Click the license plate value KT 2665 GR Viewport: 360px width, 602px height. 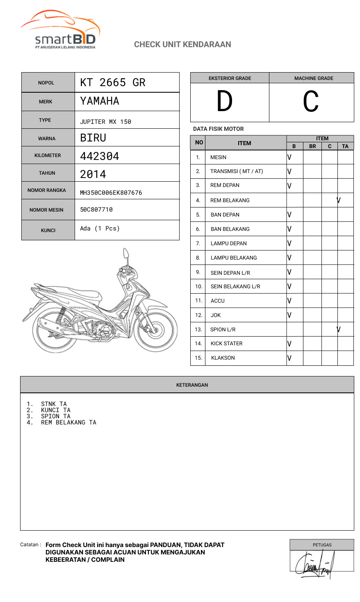113,82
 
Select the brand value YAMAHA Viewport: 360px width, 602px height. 100,101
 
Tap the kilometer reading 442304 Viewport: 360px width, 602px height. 100,156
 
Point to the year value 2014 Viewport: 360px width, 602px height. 93,174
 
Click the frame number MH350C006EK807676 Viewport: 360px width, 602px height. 111,193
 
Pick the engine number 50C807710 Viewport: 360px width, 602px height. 96,210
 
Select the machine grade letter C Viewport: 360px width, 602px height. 311,102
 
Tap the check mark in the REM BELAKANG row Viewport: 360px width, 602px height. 339,200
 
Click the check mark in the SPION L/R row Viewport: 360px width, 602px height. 339,329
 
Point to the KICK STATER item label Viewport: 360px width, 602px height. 226,344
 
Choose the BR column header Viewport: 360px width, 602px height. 312,146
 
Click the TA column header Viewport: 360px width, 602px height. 345,146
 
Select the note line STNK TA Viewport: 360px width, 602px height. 54,404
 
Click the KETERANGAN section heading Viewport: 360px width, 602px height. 192,385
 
